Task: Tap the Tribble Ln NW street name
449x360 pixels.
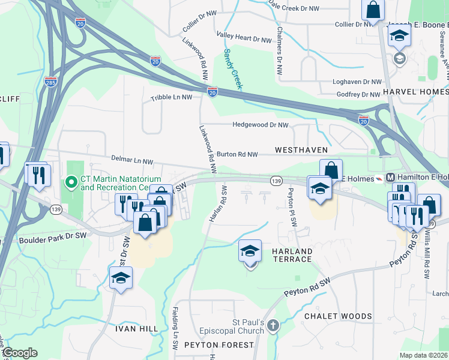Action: click(x=171, y=97)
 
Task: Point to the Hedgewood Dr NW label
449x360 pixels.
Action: click(x=261, y=125)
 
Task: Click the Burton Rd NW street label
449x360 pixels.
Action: click(x=237, y=154)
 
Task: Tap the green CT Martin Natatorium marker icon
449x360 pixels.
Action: click(x=71, y=181)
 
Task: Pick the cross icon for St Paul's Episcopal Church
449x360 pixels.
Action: click(x=273, y=326)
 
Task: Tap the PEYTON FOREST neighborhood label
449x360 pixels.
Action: click(x=219, y=345)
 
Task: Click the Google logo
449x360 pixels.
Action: click(x=19, y=353)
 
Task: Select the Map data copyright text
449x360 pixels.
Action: click(x=423, y=355)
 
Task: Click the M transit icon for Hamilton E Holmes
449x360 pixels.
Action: click(x=390, y=178)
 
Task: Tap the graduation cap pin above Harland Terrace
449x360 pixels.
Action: click(x=250, y=251)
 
